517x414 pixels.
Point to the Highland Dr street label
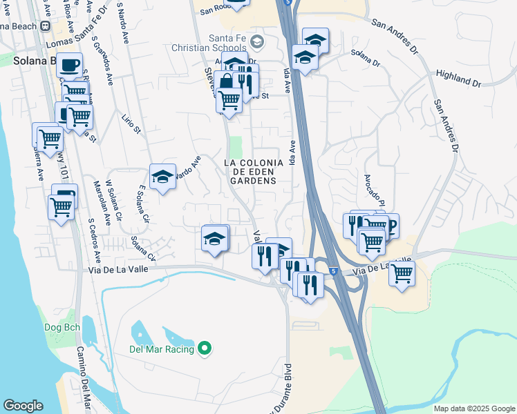pyautogui.click(x=458, y=77)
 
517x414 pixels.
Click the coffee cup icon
pyautogui.click(x=69, y=65)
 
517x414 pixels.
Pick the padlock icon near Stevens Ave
pyautogui.click(x=226, y=82)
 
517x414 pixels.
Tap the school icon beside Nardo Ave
pyautogui.click(x=162, y=177)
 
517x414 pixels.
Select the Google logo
pyautogui.click(x=23, y=406)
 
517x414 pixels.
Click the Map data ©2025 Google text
pyautogui.click(x=473, y=408)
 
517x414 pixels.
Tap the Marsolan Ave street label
pyautogui.click(x=97, y=204)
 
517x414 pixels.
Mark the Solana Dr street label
pyautogui.click(x=366, y=56)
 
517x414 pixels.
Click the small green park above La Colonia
pyautogui.click(x=236, y=146)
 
